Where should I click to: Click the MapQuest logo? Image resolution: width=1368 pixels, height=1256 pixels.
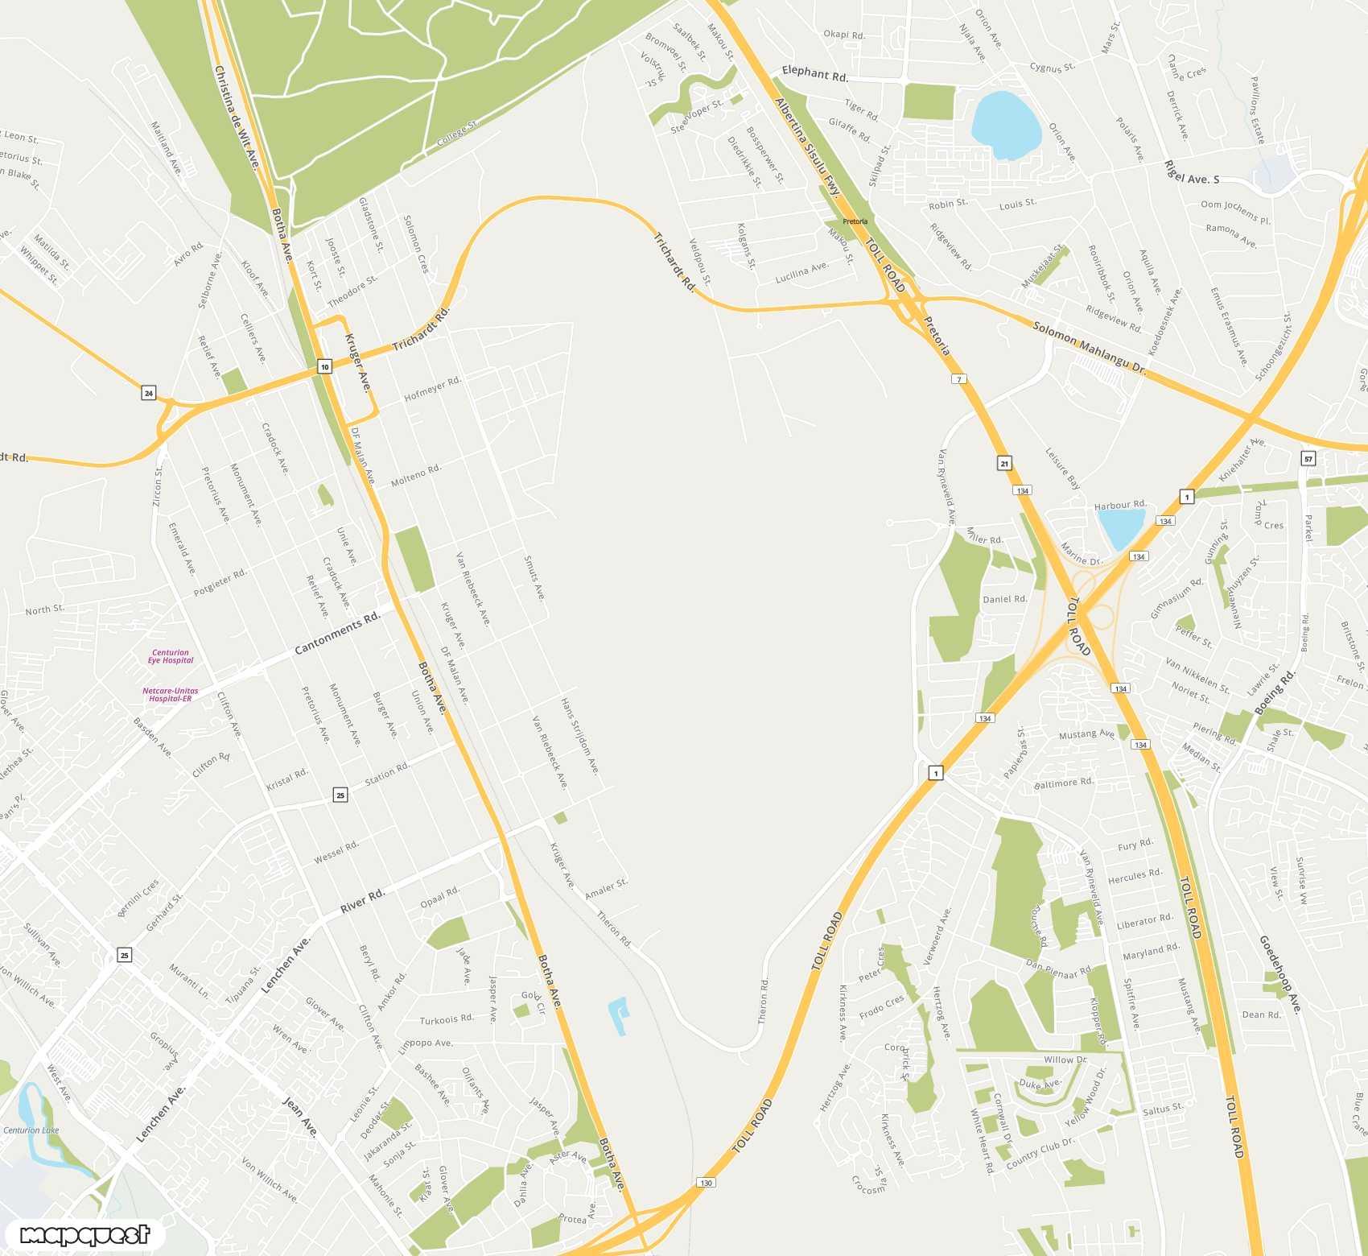click(x=84, y=1234)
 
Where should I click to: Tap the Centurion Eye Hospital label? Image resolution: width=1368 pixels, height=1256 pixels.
click(x=171, y=657)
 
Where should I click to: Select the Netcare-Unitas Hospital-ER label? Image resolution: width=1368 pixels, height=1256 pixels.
click(x=171, y=695)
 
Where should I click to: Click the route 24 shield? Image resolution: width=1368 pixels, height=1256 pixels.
click(x=148, y=393)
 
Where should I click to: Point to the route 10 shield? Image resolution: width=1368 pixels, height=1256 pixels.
click(x=324, y=367)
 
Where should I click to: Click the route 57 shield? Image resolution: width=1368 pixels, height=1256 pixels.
click(x=1308, y=459)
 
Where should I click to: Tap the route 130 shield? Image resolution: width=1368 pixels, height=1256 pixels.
click(x=706, y=1183)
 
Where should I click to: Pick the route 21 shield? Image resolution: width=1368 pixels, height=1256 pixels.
click(x=1004, y=463)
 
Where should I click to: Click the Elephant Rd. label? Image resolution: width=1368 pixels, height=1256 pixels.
click(x=814, y=74)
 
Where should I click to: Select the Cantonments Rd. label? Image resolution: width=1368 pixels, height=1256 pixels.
click(x=337, y=634)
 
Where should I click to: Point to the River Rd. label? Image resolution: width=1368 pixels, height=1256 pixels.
click(x=362, y=901)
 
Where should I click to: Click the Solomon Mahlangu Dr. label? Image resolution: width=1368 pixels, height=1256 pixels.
click(x=1089, y=347)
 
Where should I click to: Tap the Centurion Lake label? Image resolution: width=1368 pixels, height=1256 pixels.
click(x=31, y=1130)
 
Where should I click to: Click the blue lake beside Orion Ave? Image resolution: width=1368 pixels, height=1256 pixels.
click(x=1005, y=125)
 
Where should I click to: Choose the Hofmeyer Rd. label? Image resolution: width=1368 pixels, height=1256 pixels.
click(x=432, y=389)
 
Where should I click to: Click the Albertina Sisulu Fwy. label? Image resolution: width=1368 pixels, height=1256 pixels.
click(x=807, y=148)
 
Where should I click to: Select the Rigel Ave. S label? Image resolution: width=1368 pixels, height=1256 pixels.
click(x=1191, y=172)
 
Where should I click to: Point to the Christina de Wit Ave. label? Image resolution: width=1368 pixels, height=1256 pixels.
click(x=236, y=118)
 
